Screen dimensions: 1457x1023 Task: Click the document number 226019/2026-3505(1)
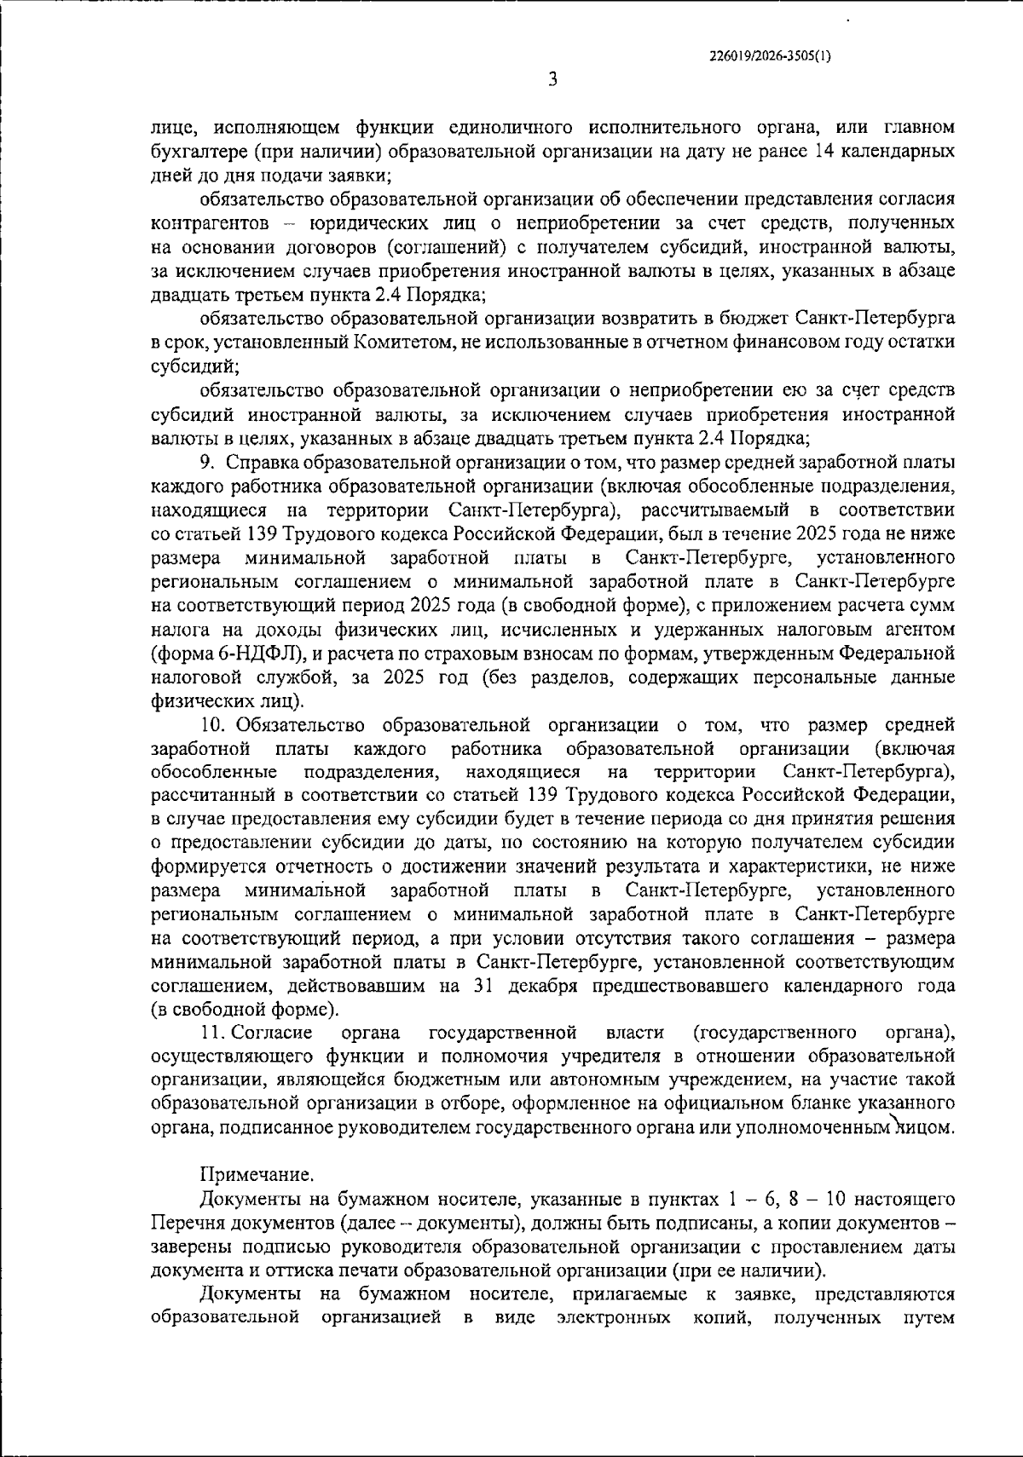(x=770, y=55)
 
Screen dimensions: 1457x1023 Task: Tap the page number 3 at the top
(x=552, y=79)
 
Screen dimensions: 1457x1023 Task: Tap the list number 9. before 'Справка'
(x=211, y=464)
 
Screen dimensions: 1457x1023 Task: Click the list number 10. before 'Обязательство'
(x=212, y=725)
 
